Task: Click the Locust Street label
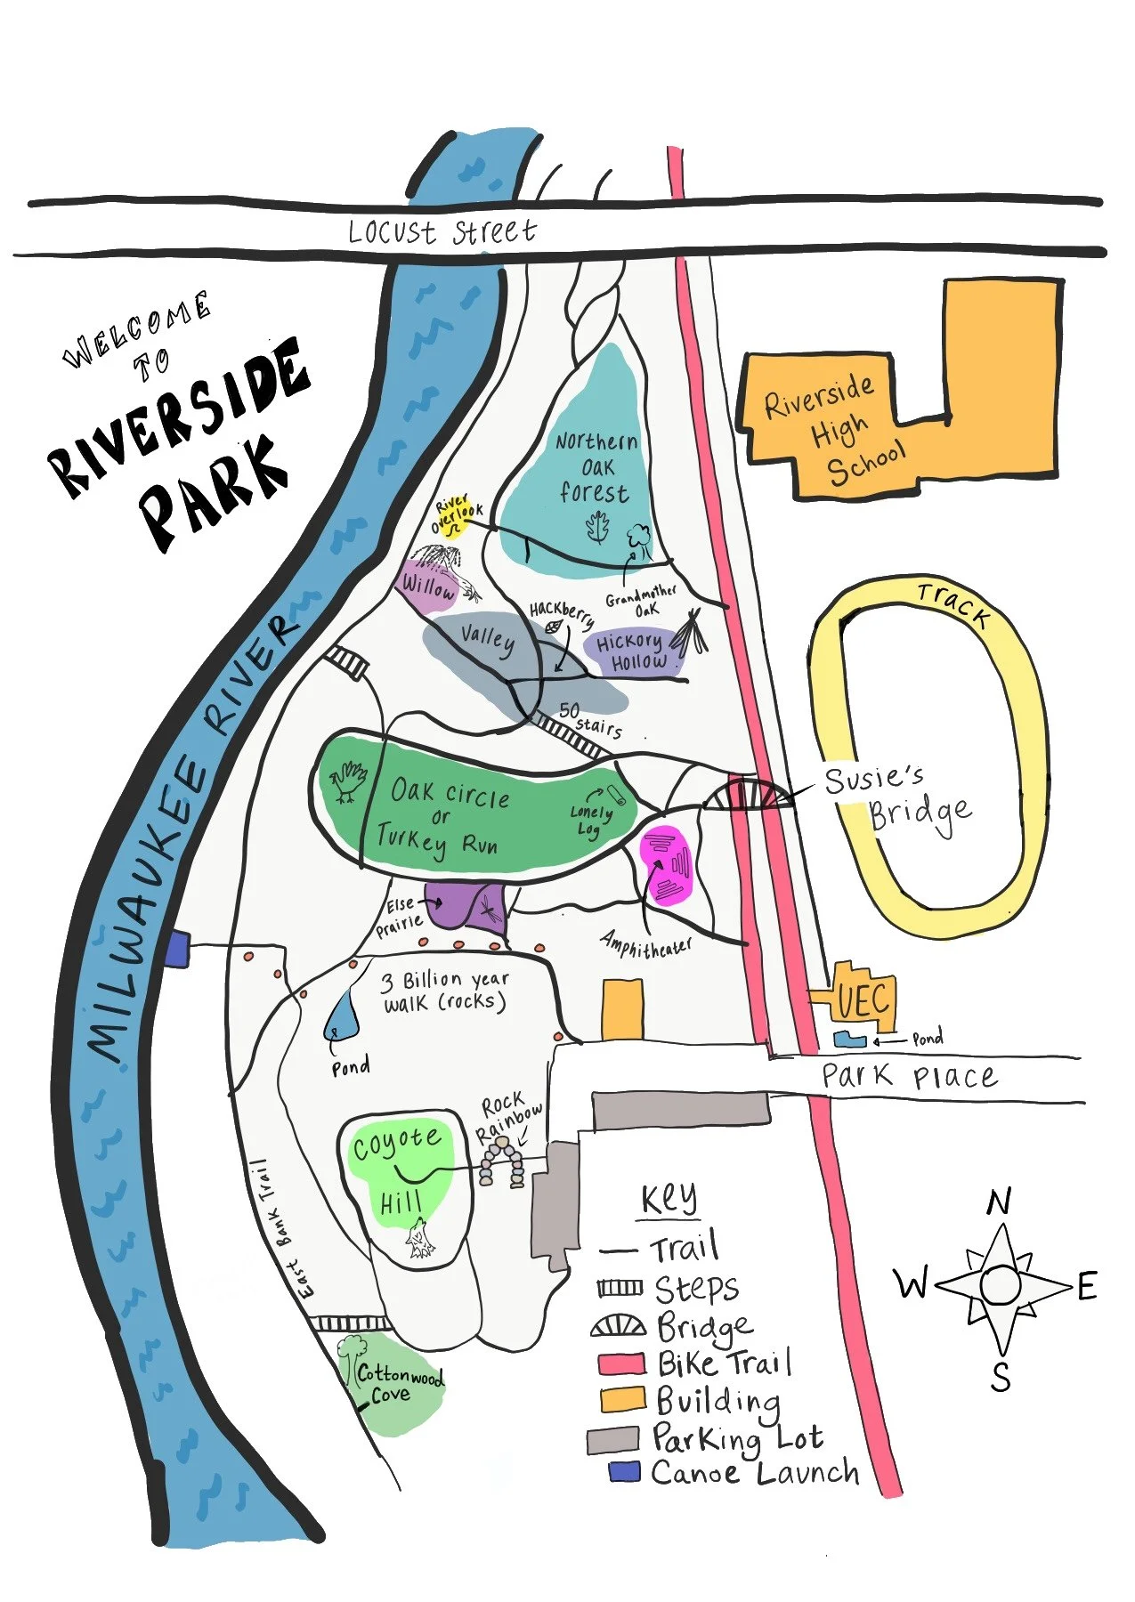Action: coord(442,231)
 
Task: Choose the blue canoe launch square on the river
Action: coord(177,949)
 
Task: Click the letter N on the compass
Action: coord(999,1202)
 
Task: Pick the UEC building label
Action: coord(863,1000)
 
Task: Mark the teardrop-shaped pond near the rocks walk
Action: coord(343,1015)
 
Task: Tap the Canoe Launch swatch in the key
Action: coord(624,1472)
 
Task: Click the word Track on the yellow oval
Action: coord(953,605)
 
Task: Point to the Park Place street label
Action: coord(908,1077)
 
